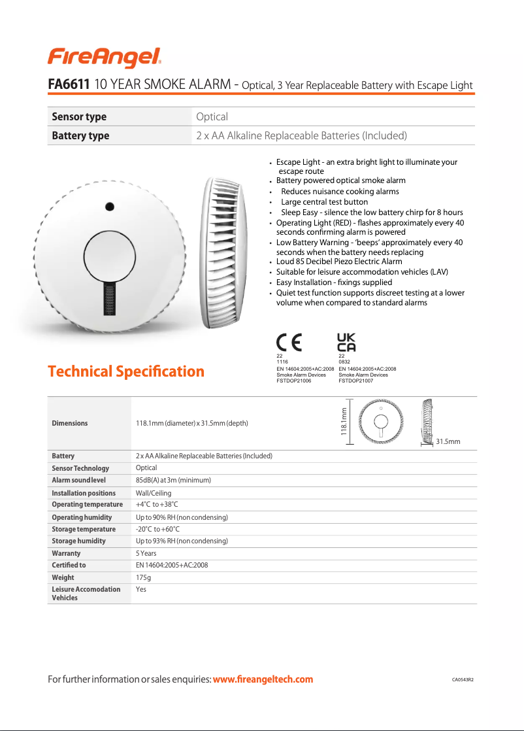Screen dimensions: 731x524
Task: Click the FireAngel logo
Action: click(105, 58)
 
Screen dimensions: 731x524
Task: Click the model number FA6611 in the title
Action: click(69, 85)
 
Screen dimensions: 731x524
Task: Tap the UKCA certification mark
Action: click(346, 342)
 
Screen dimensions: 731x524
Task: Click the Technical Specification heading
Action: click(126, 371)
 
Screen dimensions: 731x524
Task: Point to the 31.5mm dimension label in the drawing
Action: click(448, 442)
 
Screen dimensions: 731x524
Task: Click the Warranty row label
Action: click(66, 553)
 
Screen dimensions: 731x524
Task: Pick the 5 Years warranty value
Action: click(146, 553)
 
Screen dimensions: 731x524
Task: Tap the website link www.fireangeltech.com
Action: click(263, 679)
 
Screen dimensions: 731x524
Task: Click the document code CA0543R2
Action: click(463, 680)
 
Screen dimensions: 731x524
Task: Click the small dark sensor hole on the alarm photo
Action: click(110, 205)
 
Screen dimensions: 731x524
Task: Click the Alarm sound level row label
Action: click(78, 481)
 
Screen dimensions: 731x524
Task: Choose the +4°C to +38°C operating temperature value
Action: click(157, 505)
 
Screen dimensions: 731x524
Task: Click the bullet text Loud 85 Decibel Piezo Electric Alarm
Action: click(339, 262)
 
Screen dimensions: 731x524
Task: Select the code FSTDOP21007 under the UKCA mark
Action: click(355, 381)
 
